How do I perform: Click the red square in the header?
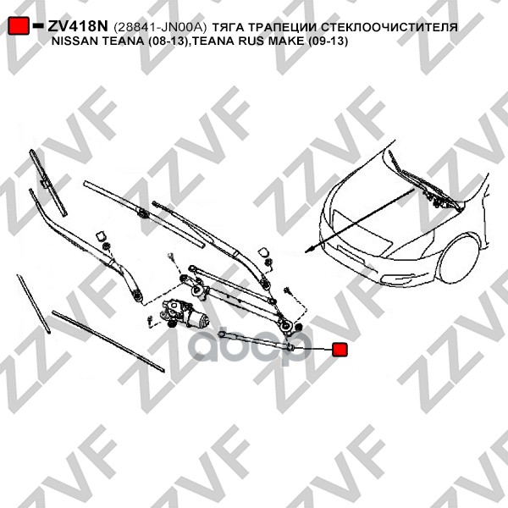(x=19, y=26)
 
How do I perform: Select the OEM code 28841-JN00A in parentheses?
(x=161, y=27)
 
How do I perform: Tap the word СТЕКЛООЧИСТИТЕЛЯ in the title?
(x=396, y=27)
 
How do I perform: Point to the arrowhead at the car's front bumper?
(x=314, y=249)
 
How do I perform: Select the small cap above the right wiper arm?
(x=262, y=251)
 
